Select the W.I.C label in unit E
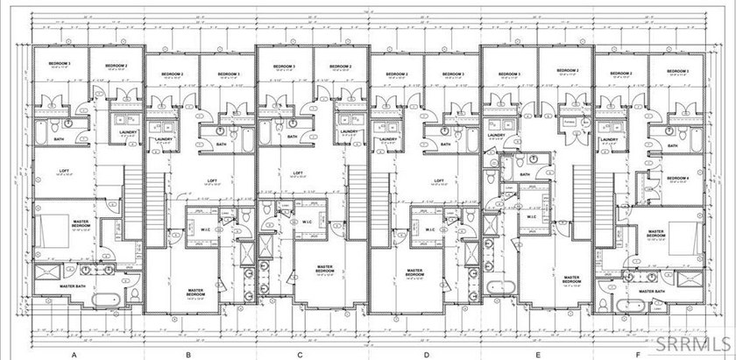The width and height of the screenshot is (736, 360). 532,216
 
